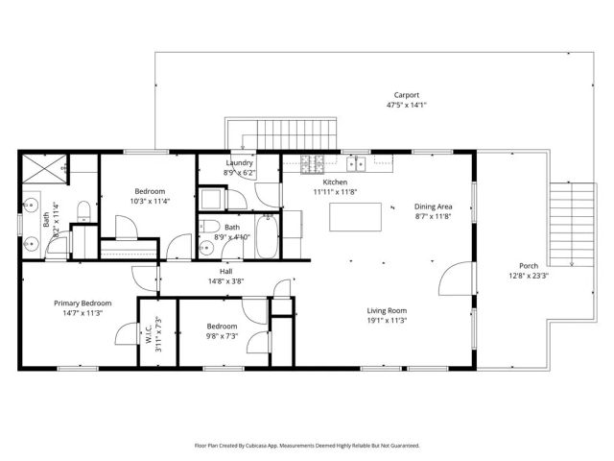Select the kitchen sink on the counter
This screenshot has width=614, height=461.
tap(353, 163)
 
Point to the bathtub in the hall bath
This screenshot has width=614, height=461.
tap(268, 236)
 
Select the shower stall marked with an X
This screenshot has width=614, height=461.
tap(47, 170)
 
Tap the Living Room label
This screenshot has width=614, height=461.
tap(387, 310)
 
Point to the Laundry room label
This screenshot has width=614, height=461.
tap(240, 162)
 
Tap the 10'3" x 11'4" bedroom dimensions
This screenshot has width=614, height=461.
tap(150, 202)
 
